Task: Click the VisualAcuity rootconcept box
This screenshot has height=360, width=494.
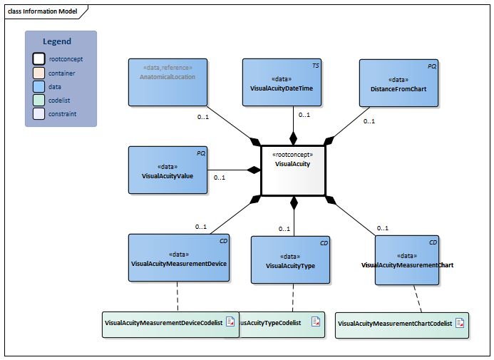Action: [293, 170]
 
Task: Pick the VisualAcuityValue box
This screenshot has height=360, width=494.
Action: [168, 170]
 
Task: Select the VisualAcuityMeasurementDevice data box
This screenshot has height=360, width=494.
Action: [179, 257]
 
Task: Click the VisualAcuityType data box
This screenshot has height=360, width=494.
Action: [290, 260]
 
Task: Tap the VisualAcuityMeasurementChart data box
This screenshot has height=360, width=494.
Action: [407, 259]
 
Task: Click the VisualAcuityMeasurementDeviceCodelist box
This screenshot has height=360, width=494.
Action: [170, 323]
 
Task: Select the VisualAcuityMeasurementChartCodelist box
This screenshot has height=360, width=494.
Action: [402, 324]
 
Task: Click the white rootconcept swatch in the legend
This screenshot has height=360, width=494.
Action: [38, 59]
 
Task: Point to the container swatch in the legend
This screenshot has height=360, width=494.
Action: [38, 73]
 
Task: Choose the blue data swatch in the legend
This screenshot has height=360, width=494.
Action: [38, 86]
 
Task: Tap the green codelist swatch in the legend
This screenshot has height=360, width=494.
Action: [38, 100]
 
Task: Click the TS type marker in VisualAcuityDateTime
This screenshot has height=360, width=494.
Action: [316, 66]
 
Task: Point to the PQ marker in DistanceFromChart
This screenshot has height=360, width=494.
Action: [431, 66]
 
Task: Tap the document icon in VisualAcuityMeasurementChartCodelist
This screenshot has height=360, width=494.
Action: [460, 323]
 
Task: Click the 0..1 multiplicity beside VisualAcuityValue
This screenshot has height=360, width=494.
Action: [219, 178]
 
